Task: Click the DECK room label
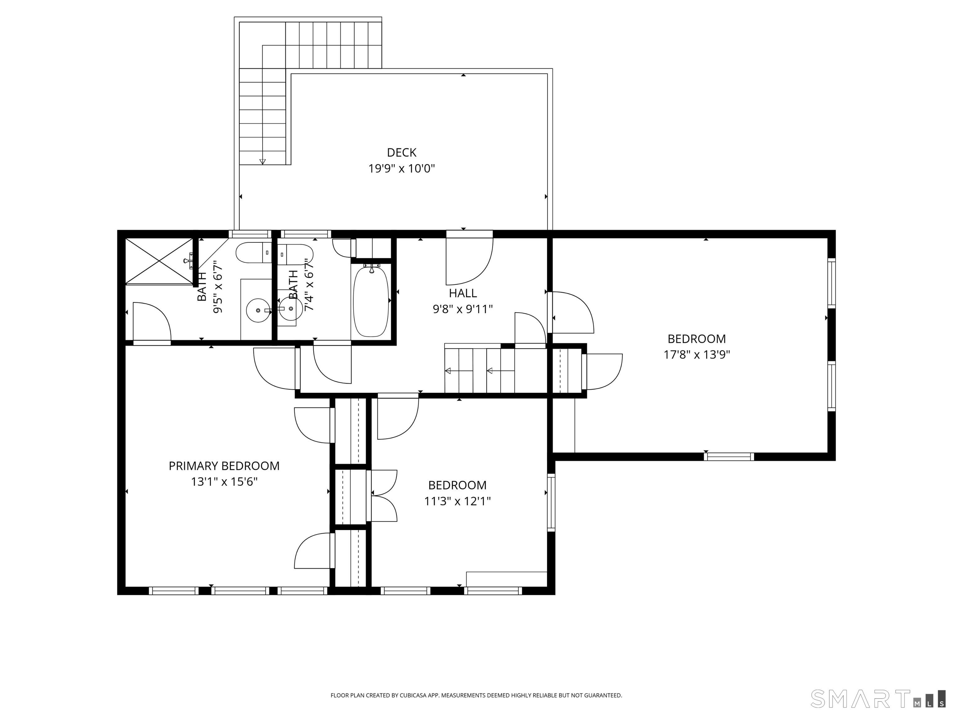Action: [402, 152]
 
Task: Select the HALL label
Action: [463, 293]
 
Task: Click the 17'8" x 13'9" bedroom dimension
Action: [697, 354]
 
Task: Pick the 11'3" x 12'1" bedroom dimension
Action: [458, 501]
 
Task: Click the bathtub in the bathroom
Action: [371, 302]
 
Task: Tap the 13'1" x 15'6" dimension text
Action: [224, 482]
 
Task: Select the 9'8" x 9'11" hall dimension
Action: [463, 309]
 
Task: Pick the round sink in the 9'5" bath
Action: [258, 310]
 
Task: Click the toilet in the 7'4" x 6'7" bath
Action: [295, 254]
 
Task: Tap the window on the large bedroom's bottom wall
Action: [729, 456]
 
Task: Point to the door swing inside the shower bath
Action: [152, 323]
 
